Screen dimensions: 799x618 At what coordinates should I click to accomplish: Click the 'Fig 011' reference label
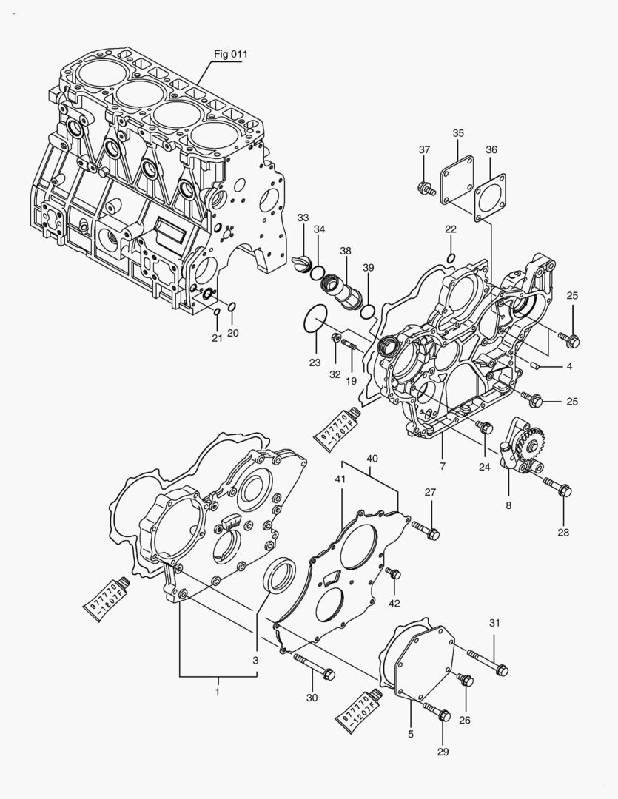tap(231, 54)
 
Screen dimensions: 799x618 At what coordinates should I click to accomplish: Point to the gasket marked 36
tap(488, 197)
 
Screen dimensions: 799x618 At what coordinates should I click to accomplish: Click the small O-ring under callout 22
tap(451, 257)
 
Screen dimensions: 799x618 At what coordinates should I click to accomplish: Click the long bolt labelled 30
tap(315, 666)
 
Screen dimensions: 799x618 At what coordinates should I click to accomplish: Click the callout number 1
tap(218, 691)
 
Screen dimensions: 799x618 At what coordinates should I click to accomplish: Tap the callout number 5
tap(411, 734)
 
